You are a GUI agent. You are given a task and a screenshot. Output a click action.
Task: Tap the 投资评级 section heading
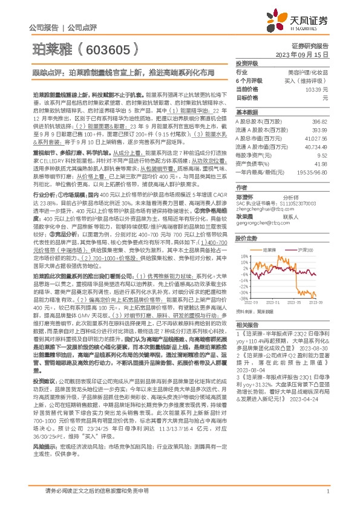[247, 63]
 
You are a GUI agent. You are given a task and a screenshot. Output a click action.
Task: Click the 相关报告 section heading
[247, 323]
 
